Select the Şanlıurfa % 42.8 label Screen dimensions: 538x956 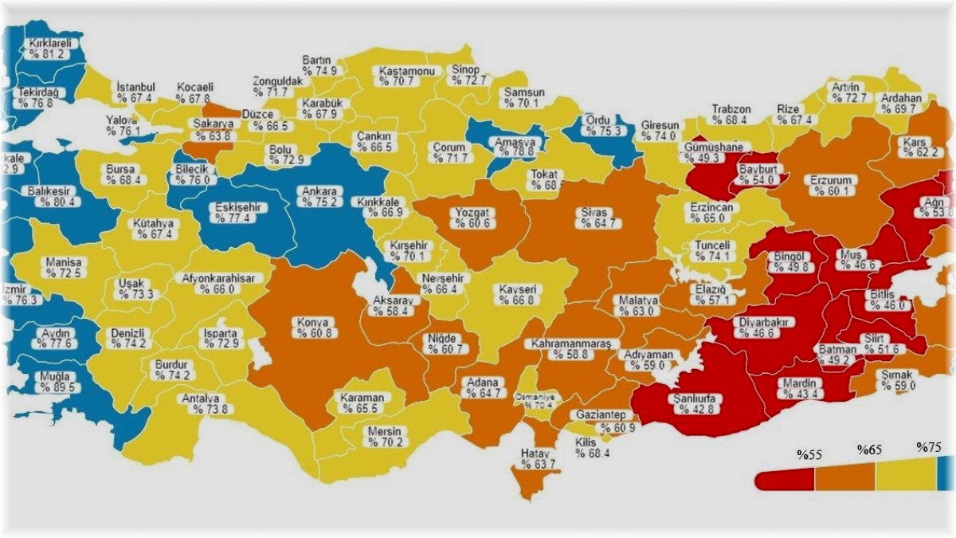point(694,403)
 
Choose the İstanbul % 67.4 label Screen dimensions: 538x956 point(135,92)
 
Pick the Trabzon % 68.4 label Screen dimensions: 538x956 point(731,115)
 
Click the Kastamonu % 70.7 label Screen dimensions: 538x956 point(407,76)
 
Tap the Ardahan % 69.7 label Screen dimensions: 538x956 point(901,103)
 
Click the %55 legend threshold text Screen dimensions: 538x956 point(809,455)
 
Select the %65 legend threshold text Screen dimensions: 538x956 point(870,450)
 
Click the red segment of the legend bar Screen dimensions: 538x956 point(785,478)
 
